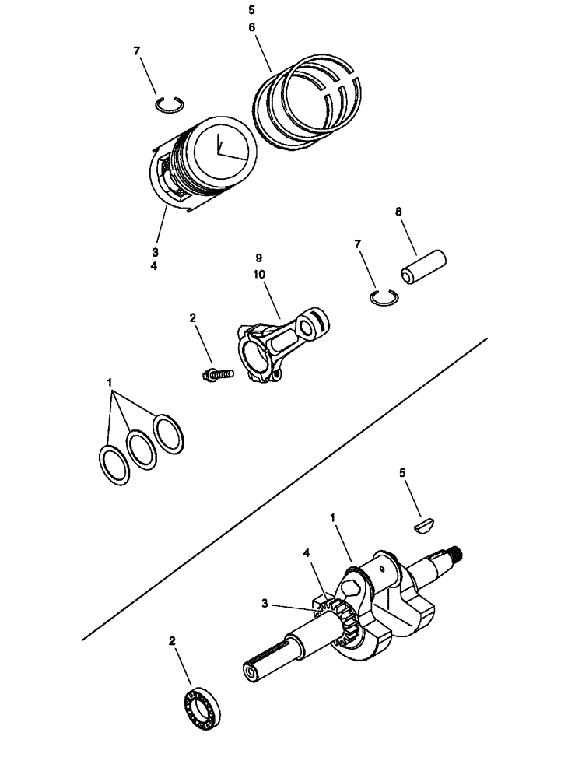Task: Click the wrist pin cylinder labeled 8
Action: click(421, 266)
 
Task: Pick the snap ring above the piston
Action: click(168, 104)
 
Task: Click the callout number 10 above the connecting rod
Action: click(258, 273)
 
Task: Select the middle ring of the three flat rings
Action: click(141, 448)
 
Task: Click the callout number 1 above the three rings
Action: click(110, 383)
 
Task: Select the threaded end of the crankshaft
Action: click(455, 554)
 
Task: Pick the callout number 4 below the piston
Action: click(155, 265)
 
